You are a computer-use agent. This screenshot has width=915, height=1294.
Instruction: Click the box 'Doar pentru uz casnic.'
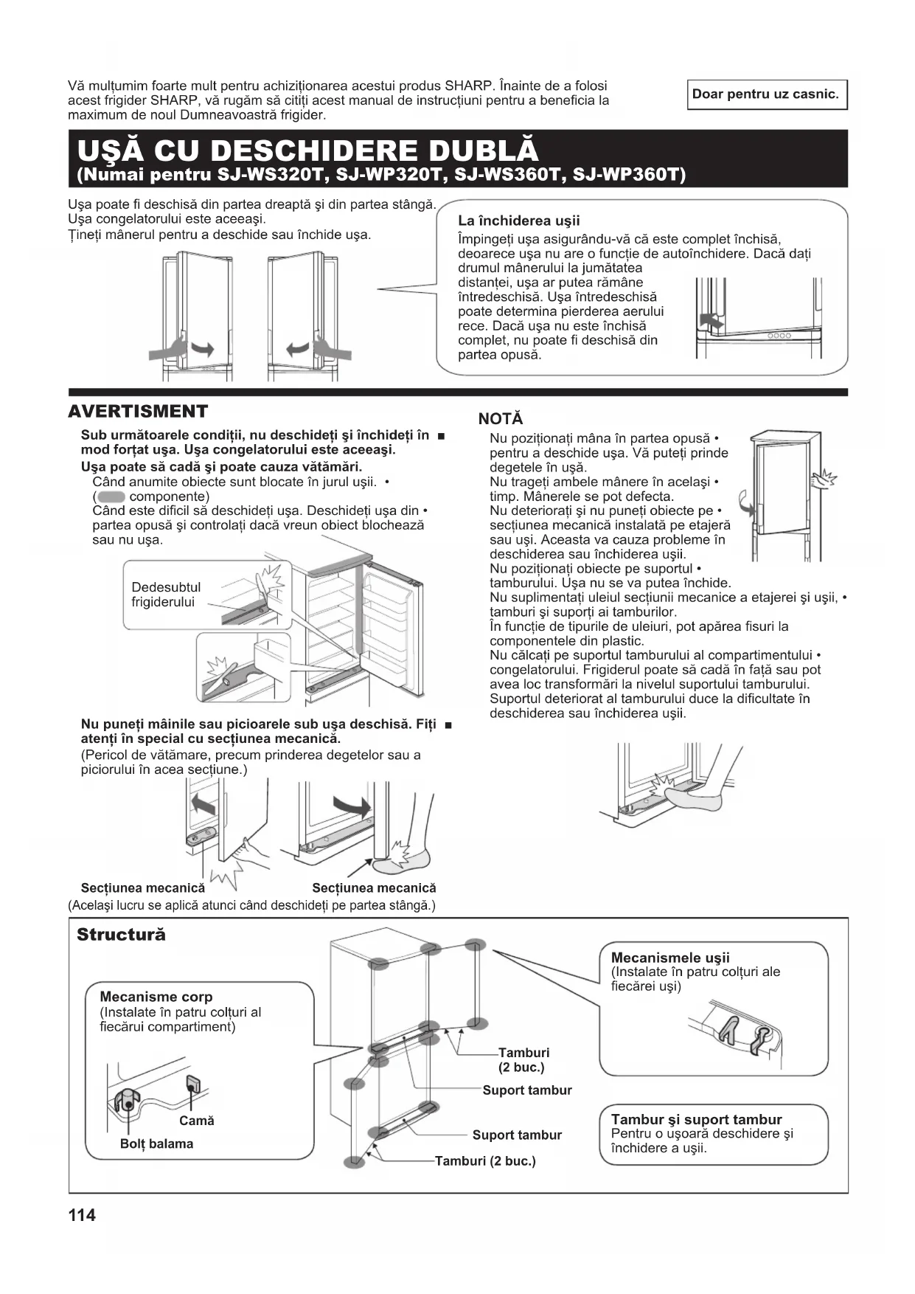(766, 94)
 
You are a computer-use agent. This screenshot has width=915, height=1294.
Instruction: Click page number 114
(81, 1215)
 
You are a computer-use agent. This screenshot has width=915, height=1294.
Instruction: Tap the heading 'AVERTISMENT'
(138, 412)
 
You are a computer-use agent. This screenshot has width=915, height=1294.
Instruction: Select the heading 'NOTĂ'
(500, 419)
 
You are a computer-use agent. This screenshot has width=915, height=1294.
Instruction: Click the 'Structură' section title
(121, 935)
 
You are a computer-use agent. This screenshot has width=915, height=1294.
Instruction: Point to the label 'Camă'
(196, 1121)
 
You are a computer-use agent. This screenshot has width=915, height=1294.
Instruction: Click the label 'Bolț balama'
(156, 1144)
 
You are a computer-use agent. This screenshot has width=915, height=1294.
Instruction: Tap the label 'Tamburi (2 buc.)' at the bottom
(485, 1161)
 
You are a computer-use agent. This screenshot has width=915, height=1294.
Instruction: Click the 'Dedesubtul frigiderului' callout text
(165, 595)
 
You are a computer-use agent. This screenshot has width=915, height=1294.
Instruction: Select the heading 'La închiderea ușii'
(518, 221)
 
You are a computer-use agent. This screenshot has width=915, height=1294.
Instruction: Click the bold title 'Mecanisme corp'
(156, 997)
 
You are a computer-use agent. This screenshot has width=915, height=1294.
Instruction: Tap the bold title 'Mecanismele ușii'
(669, 958)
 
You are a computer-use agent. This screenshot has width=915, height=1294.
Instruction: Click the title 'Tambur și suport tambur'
(696, 1119)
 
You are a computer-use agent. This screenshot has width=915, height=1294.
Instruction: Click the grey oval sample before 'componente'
(111, 497)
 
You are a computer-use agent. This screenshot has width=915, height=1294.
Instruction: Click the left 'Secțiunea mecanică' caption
(142, 888)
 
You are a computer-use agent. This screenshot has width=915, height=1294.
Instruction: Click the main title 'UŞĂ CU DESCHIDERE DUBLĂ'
(307, 150)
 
